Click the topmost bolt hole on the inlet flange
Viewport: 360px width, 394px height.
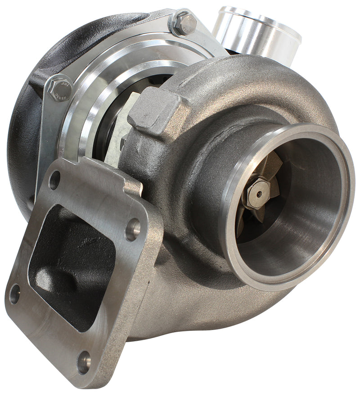(x=54, y=180)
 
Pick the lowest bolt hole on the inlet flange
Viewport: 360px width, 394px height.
(x=84, y=361)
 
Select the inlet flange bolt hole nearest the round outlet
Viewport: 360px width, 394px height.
(x=133, y=229)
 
